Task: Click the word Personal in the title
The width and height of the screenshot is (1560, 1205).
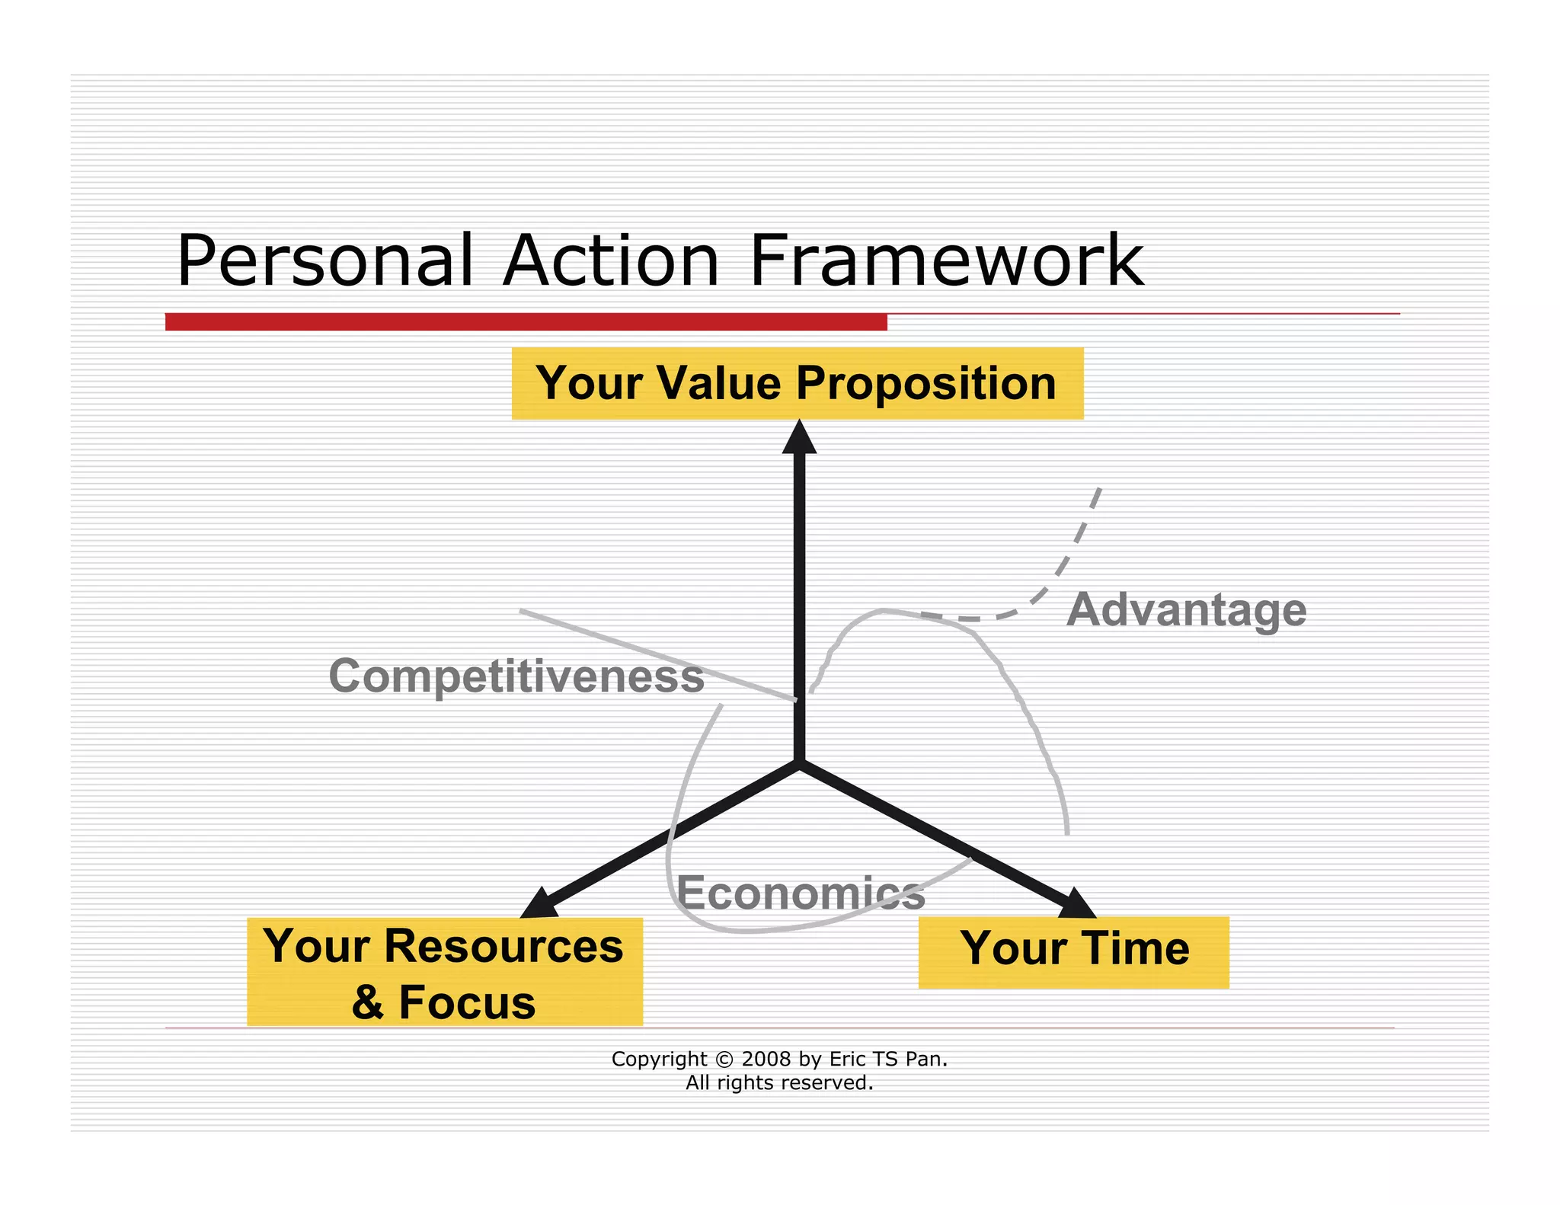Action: pyautogui.click(x=324, y=261)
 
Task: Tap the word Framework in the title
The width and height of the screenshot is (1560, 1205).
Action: pyautogui.click(x=946, y=261)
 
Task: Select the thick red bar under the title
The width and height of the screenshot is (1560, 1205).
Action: pyautogui.click(x=526, y=321)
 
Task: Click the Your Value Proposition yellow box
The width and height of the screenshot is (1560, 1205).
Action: pyautogui.click(x=797, y=383)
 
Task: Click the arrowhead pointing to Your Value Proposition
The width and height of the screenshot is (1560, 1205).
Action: pyautogui.click(x=799, y=438)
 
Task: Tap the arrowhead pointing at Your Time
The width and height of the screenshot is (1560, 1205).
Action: pyautogui.click(x=1076, y=903)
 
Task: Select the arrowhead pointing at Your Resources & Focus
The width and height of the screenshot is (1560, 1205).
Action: pyautogui.click(x=540, y=904)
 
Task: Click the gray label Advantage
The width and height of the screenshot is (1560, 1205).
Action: pyautogui.click(x=1186, y=610)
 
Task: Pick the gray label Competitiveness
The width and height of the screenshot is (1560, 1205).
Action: pyautogui.click(x=516, y=676)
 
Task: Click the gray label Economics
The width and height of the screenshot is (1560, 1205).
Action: pyautogui.click(x=801, y=893)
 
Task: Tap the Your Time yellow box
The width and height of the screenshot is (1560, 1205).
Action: pyautogui.click(x=1073, y=951)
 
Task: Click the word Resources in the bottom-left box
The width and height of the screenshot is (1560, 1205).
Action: pyautogui.click(x=503, y=947)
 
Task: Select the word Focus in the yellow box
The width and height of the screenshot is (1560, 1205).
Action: pyautogui.click(x=466, y=1002)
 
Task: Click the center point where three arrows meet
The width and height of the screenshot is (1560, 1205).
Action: pyautogui.click(x=799, y=762)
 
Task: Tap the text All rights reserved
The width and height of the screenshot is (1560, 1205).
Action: pyautogui.click(x=779, y=1082)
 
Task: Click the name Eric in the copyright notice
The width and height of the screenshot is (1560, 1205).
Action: pyautogui.click(x=846, y=1059)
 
